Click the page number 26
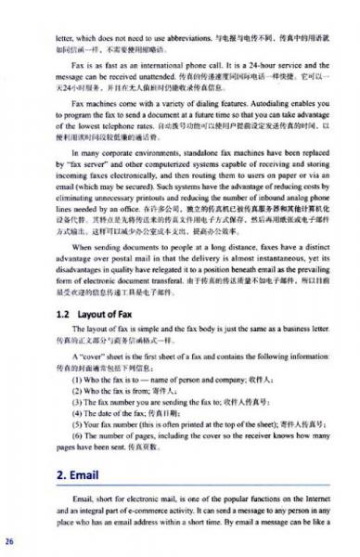9,539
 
